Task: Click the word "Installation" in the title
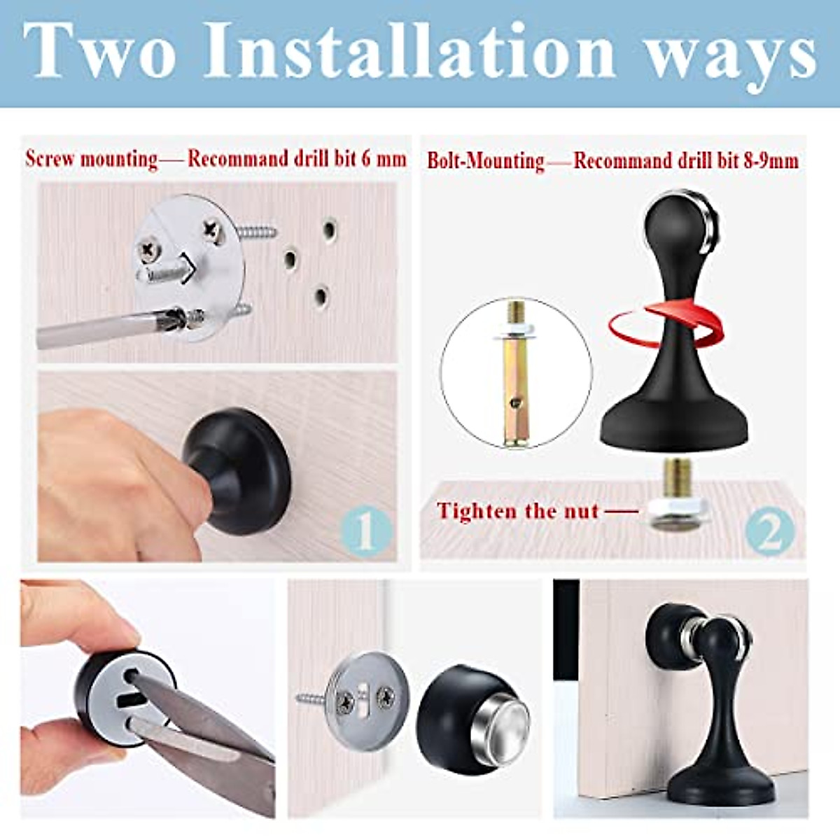click(409, 50)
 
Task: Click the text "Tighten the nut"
click(518, 511)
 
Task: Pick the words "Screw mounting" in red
click(92, 158)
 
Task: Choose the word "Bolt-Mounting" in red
click(485, 161)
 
